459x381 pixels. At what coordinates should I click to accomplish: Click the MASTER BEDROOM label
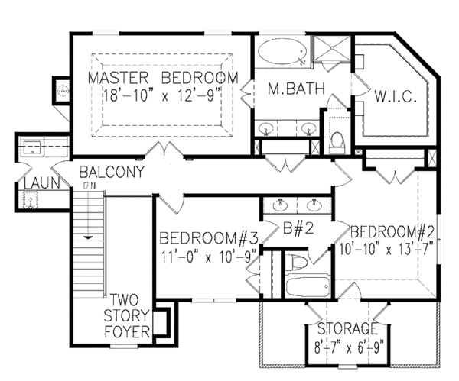click(161, 79)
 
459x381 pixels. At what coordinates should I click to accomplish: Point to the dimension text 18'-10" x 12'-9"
click(161, 95)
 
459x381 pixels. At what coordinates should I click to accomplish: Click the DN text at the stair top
click(87, 186)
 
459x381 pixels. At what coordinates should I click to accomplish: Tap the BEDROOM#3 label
click(208, 238)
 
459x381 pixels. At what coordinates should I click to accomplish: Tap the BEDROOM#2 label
click(392, 231)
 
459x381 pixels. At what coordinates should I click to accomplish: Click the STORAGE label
click(349, 329)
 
